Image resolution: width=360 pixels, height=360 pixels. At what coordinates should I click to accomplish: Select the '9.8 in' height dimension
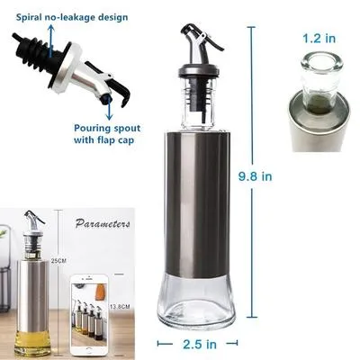254,176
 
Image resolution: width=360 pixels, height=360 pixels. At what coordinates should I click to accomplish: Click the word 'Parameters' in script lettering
103,224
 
